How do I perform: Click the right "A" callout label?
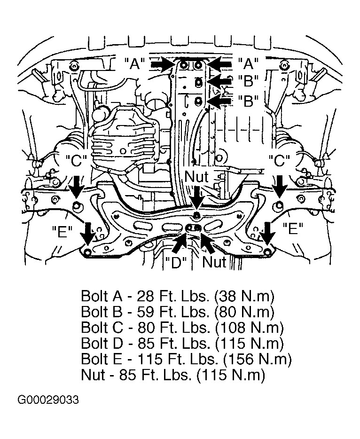[x=248, y=63]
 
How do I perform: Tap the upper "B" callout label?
[x=248, y=81]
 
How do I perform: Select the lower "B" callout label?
[x=248, y=101]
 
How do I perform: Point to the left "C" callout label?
[x=77, y=161]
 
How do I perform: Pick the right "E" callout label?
[x=293, y=229]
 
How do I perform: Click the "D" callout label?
[x=176, y=262]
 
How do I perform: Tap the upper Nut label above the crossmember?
[x=196, y=176]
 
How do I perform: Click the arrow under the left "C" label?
[x=76, y=187]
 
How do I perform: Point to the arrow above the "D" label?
[x=179, y=243]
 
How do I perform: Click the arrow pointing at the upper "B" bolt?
[x=220, y=81]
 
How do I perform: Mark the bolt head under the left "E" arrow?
[x=87, y=251]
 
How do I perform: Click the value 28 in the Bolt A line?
[x=146, y=296]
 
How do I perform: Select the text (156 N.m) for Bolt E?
[x=258, y=359]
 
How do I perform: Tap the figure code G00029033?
[x=48, y=400]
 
